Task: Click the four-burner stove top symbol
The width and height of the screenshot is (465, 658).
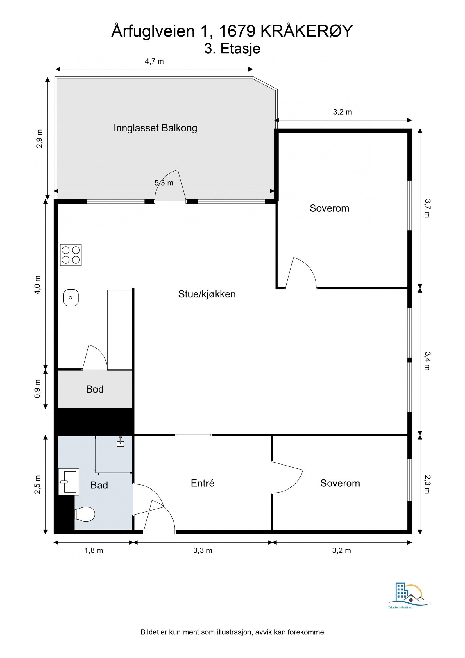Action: coord(71,255)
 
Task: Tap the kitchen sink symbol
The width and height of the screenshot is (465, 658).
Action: coord(71,297)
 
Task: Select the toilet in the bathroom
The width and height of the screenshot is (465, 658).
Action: coord(85,514)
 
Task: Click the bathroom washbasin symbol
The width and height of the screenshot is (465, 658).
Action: coord(69,482)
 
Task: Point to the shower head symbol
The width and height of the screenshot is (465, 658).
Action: coord(120,442)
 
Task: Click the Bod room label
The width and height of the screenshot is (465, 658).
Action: coord(95,389)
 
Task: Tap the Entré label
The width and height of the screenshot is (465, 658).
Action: coord(202,483)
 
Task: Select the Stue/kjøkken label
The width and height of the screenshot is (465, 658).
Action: coord(207,294)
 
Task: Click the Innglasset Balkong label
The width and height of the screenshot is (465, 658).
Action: coord(155,128)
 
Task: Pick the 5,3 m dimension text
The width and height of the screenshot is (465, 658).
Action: coord(164,183)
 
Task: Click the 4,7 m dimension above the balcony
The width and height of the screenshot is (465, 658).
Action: coord(154,61)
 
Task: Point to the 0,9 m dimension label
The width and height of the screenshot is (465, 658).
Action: coord(38,389)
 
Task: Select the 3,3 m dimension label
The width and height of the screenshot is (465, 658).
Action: coord(203,550)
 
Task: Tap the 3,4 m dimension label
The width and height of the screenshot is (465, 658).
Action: coord(427,361)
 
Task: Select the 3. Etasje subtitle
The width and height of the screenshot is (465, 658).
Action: coord(232,49)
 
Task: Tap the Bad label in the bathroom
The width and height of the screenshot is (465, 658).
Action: coord(99,485)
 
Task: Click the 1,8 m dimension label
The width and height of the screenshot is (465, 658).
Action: coord(94,550)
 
